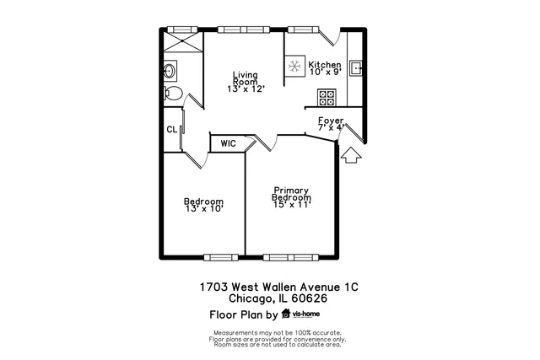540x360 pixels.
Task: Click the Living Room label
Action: (246, 78)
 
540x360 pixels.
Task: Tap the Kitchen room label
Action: (324, 65)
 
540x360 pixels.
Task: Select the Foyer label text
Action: (330, 121)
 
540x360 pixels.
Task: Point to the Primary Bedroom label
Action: (290, 193)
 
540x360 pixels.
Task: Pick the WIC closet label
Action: (228, 144)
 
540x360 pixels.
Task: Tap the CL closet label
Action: (171, 129)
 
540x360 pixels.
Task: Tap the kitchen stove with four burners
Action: (326, 99)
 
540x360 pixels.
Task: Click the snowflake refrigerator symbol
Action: (295, 67)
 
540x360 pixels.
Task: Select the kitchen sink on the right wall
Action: (356, 68)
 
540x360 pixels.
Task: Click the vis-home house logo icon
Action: (286, 314)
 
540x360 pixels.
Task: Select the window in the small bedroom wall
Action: (224, 256)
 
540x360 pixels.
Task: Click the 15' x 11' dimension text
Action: (292, 204)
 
